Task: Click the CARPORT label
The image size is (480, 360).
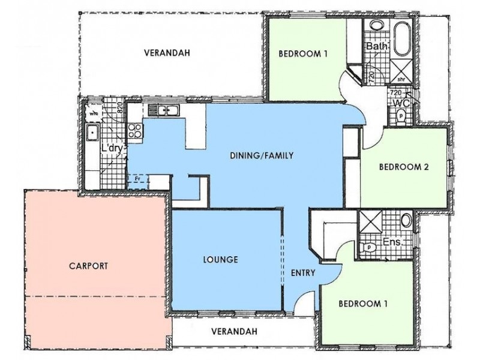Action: tap(88, 265)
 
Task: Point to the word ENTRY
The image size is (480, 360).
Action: tap(304, 273)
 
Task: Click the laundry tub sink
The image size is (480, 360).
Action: tap(93, 133)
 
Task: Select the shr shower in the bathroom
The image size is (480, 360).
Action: tap(399, 69)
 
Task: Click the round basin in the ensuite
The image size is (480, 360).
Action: tap(407, 220)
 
